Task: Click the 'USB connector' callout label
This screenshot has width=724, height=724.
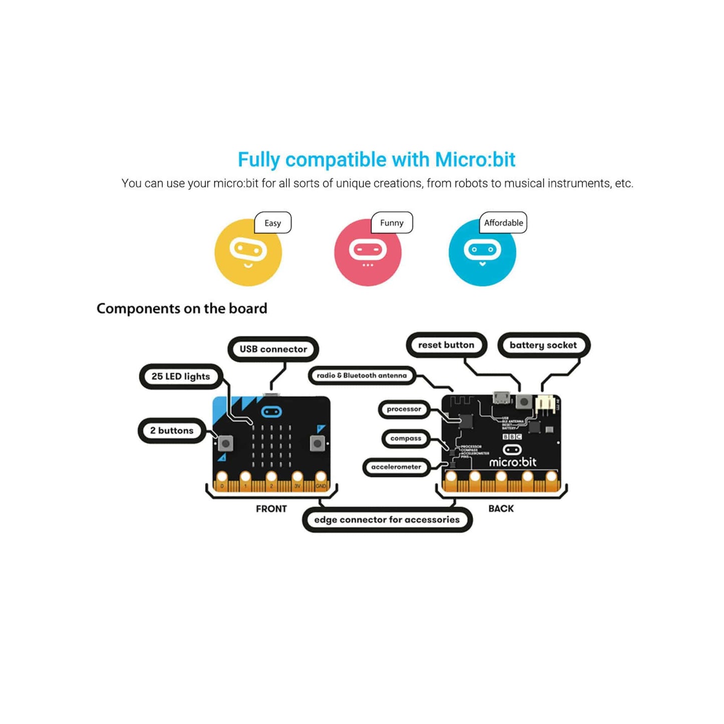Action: (273, 349)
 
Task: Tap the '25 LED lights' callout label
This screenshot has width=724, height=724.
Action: (180, 376)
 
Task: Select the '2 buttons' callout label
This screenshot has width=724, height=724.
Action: (172, 430)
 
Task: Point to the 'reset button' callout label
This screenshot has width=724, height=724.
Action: (446, 345)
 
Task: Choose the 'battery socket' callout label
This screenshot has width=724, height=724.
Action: (543, 345)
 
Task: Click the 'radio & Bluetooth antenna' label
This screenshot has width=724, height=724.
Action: (362, 375)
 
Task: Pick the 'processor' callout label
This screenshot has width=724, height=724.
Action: (404, 409)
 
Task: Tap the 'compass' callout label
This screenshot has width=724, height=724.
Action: (406, 438)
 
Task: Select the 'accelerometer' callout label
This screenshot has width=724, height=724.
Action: (396, 467)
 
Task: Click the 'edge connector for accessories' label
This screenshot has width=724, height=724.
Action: (387, 520)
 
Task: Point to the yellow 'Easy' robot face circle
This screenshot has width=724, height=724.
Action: (248, 253)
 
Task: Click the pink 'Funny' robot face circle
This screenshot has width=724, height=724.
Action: (368, 253)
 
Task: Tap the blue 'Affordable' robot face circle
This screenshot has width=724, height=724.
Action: (482, 253)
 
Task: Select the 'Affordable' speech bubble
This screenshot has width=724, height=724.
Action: (504, 223)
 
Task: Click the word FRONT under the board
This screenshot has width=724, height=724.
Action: (271, 509)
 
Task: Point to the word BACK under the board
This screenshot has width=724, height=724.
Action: (501, 509)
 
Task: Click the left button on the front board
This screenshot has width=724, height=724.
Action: (225, 443)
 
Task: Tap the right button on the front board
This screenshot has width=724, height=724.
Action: (317, 443)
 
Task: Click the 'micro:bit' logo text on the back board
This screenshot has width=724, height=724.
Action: (513, 462)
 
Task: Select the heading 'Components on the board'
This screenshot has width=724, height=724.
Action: (182, 308)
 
